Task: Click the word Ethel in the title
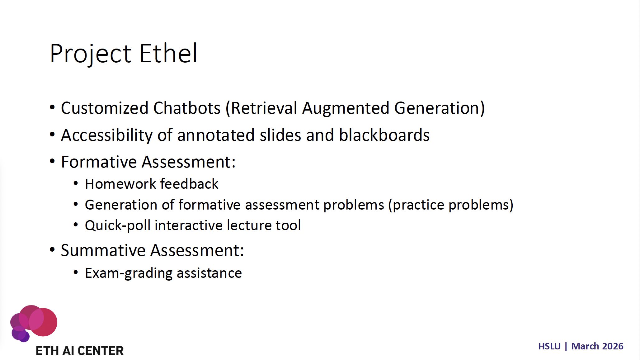tap(168, 53)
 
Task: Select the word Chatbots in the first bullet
tap(187, 108)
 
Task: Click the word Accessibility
tap(107, 135)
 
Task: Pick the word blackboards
tap(384, 135)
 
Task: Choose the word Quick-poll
tap(118, 226)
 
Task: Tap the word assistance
tap(209, 273)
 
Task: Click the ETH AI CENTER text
tap(80, 351)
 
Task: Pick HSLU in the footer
tap(549, 347)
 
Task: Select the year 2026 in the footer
tap(613, 347)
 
